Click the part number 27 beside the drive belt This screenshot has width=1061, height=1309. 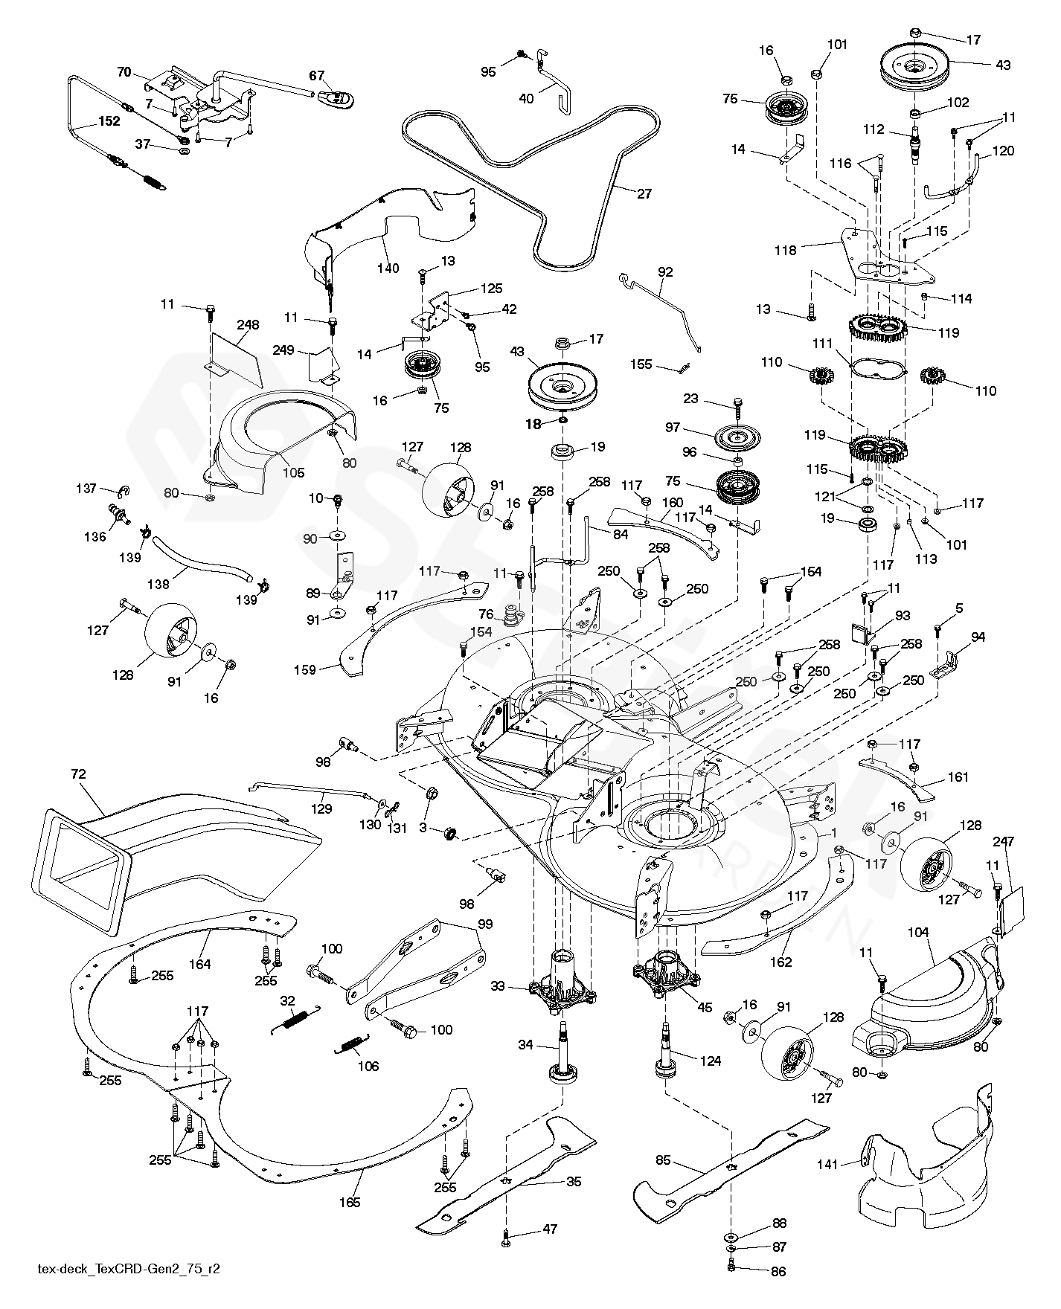(644, 194)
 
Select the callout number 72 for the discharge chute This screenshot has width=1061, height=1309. (79, 774)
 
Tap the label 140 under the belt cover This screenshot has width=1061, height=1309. (388, 268)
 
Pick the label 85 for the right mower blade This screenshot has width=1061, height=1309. (663, 1159)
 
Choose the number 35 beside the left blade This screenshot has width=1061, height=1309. (574, 1182)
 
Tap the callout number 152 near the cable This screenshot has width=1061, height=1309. (109, 122)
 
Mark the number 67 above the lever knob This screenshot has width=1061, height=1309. (317, 75)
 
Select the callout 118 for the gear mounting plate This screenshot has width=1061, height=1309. (784, 250)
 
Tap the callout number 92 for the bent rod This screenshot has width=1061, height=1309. (665, 272)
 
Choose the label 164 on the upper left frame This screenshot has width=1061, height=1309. (199, 965)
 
